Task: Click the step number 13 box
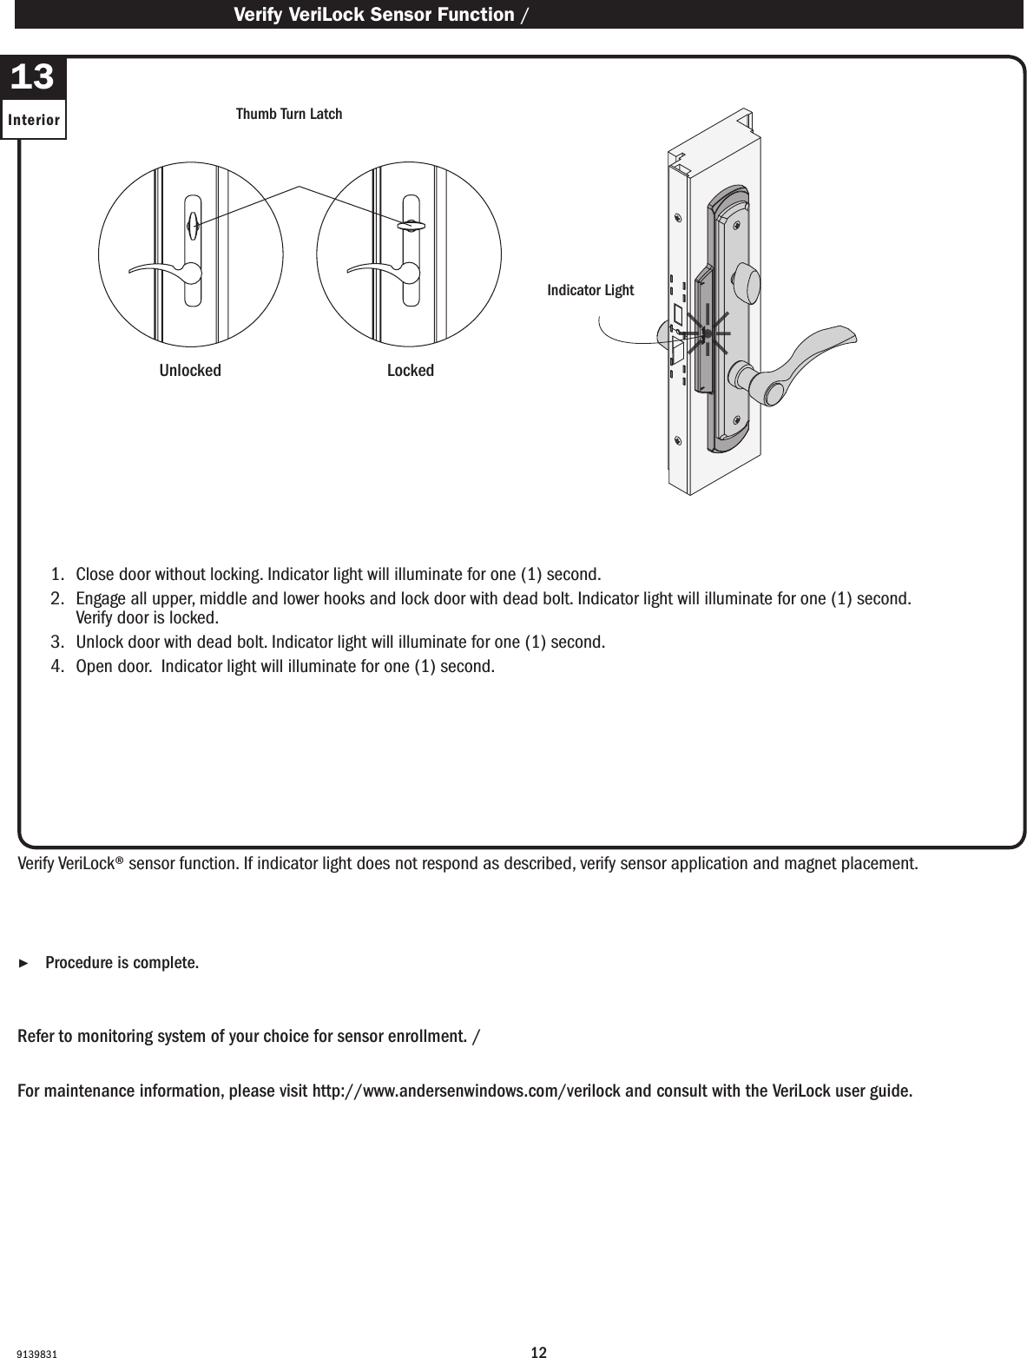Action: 33,78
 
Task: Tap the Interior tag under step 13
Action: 34,120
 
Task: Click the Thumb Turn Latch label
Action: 289,115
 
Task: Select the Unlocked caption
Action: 190,371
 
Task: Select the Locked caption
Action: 410,371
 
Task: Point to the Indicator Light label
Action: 590,290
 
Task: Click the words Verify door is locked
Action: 147,618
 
